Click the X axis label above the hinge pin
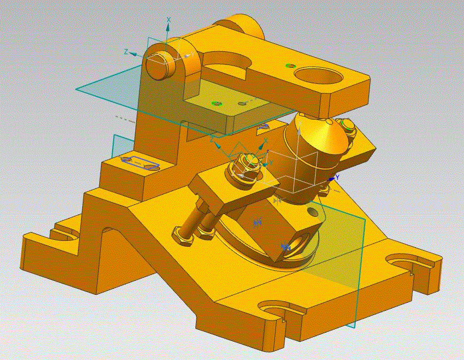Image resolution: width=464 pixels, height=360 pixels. click(x=169, y=20)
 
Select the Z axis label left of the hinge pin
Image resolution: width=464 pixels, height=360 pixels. click(x=127, y=52)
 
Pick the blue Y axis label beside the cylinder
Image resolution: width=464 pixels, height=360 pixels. click(x=337, y=177)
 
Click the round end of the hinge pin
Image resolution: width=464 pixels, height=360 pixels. click(x=155, y=66)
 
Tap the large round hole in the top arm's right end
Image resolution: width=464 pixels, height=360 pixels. click(x=318, y=76)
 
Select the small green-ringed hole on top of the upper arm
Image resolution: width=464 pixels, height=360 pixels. click(x=290, y=66)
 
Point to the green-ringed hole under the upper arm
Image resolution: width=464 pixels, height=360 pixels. click(x=216, y=103)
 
